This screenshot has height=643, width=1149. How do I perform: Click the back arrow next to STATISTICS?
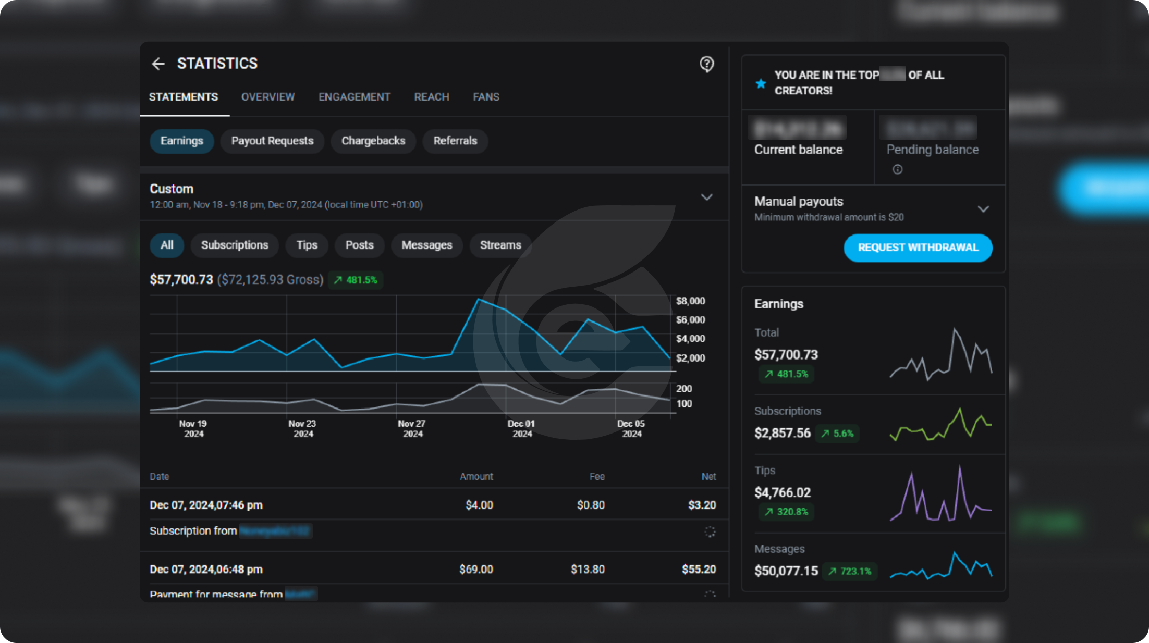pyautogui.click(x=158, y=64)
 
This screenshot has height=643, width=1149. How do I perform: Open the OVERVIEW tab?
pyautogui.click(x=268, y=97)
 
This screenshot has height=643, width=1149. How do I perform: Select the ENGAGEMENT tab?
pyautogui.click(x=354, y=97)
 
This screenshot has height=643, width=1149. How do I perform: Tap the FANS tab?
pyautogui.click(x=486, y=97)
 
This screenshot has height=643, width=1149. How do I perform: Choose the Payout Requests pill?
pyautogui.click(x=272, y=141)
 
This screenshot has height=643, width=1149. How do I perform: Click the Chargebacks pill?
pyautogui.click(x=373, y=141)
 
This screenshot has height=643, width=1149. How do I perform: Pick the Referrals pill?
pyautogui.click(x=455, y=141)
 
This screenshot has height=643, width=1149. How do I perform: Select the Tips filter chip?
pyautogui.click(x=307, y=245)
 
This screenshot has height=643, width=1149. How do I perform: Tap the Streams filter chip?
pyautogui.click(x=500, y=245)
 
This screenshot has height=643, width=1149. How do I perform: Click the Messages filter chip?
pyautogui.click(x=426, y=245)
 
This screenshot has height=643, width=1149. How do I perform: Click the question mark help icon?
pyautogui.click(x=706, y=64)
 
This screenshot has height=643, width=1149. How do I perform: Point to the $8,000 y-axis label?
pyautogui.click(x=690, y=301)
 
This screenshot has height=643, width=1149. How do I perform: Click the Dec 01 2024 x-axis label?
pyautogui.click(x=521, y=428)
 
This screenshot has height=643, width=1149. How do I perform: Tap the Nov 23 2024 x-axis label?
pyautogui.click(x=302, y=428)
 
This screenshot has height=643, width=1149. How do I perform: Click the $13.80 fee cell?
pyautogui.click(x=588, y=569)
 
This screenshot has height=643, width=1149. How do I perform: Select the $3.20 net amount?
pyautogui.click(x=702, y=505)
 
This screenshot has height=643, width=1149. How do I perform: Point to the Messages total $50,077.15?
pyautogui.click(x=786, y=571)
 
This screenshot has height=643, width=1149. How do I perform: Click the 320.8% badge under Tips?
pyautogui.click(x=787, y=512)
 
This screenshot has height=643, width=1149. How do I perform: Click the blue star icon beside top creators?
pyautogui.click(x=761, y=83)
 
